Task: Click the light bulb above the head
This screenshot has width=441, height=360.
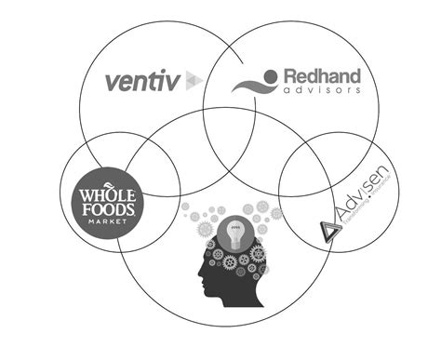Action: (x=236, y=231)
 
